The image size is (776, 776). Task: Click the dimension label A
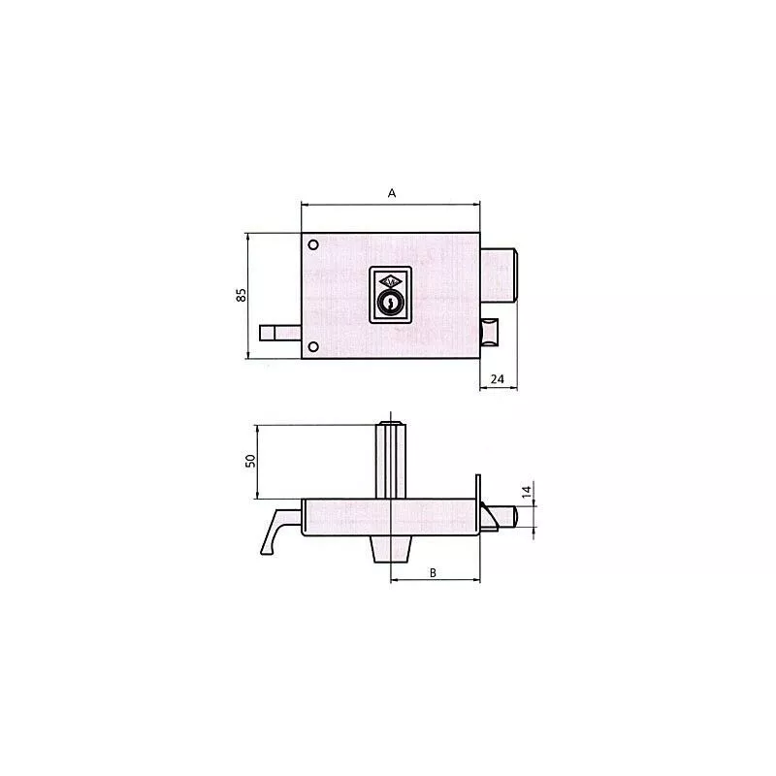(x=392, y=193)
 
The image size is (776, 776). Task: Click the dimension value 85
(x=241, y=295)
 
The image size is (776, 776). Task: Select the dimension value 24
(x=497, y=379)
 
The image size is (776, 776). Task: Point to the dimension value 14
(x=526, y=493)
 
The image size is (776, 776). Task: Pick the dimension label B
(x=434, y=572)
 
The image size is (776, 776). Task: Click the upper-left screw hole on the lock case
(x=314, y=244)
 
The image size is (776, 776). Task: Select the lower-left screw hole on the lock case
(x=313, y=346)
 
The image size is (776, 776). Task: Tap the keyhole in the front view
(x=391, y=305)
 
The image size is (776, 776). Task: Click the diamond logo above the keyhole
(x=391, y=280)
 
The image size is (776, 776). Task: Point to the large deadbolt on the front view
(x=502, y=275)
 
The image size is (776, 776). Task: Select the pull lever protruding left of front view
(x=280, y=334)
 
